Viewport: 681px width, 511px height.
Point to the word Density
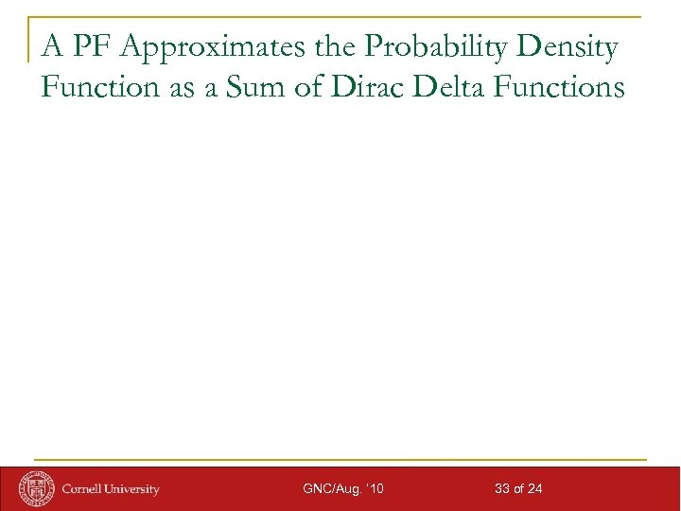566,47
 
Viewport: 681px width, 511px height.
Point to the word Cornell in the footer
84,489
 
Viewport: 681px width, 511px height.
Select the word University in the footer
133,489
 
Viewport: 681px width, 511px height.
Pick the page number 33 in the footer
502,489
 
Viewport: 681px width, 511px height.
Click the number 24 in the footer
535,489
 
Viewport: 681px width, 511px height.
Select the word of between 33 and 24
519,489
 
